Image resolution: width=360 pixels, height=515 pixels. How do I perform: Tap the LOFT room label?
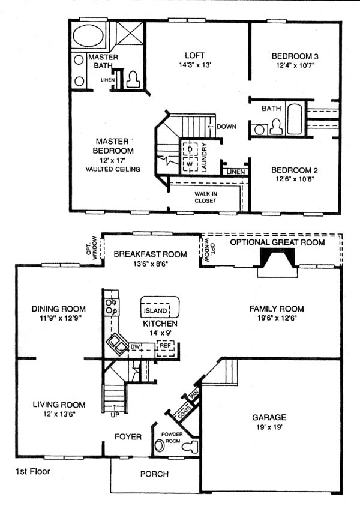pos(194,55)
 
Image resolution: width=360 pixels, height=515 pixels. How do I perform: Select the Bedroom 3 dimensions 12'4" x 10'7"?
pos(295,65)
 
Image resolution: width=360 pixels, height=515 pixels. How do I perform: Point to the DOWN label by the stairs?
pos(226,127)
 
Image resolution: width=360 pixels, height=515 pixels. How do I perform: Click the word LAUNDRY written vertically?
pos(204,157)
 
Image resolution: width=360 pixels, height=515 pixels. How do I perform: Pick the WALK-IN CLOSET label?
pos(205,197)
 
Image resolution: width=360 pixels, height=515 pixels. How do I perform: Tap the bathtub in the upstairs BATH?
pos(295,119)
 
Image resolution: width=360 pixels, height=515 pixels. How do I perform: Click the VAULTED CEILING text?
pos(113,169)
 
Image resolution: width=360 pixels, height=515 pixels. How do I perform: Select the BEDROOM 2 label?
pos(295,170)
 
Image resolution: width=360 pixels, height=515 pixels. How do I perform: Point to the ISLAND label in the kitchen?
pos(155,310)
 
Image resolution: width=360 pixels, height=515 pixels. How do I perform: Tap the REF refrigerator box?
pos(166,349)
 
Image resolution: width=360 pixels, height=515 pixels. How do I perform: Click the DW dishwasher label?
pos(135,346)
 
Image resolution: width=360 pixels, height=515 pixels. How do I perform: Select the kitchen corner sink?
pos(117,343)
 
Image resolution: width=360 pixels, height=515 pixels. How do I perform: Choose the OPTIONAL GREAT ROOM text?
pos(277,242)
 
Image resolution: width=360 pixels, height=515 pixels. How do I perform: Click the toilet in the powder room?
pos(191,447)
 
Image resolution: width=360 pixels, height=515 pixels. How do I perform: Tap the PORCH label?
pos(155,474)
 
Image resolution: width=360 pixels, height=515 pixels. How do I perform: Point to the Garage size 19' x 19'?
pos(269,427)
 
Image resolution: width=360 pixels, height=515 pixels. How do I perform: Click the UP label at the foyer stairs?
pos(115,415)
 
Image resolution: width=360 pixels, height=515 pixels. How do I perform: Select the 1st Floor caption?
pos(33,471)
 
